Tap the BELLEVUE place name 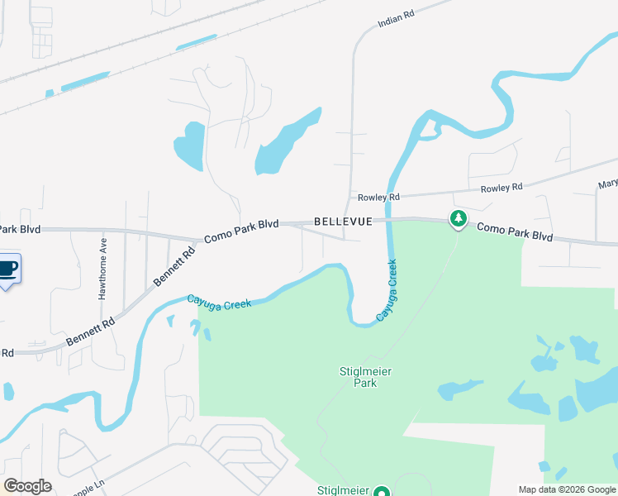pyautogui.click(x=343, y=222)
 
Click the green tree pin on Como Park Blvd pyautogui.click(x=458, y=219)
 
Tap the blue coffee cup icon pyautogui.click(x=7, y=269)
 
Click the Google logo pyautogui.click(x=28, y=486)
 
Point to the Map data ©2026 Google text pyautogui.click(x=567, y=489)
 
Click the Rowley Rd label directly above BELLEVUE pyautogui.click(x=378, y=198)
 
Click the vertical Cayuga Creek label pyautogui.click(x=387, y=290)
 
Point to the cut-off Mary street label pyautogui.click(x=608, y=184)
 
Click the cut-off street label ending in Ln pyautogui.click(x=83, y=491)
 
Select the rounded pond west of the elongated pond pyautogui.click(x=189, y=144)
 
